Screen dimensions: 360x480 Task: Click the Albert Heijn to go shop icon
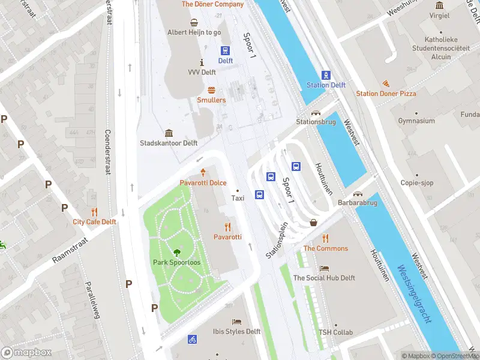194,23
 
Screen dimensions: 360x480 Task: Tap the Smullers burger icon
211,90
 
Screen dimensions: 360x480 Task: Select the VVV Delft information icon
202,62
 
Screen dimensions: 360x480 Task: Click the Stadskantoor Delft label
169,143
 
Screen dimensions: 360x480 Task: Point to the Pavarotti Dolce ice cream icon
203,172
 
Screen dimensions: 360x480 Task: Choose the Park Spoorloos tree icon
177,253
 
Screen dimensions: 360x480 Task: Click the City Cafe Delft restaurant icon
94,212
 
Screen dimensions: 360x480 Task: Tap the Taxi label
238,198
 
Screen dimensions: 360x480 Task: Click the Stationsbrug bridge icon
315,112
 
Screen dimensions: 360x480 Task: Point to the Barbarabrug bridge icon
358,194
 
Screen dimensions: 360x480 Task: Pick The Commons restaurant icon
325,238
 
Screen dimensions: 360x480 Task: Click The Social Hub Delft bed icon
324,268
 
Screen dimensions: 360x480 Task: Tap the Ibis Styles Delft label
236,331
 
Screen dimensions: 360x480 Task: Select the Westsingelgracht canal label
414,294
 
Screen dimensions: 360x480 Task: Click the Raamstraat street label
70,249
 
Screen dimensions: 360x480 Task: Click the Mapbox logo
26,352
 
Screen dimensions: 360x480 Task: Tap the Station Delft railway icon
326,75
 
